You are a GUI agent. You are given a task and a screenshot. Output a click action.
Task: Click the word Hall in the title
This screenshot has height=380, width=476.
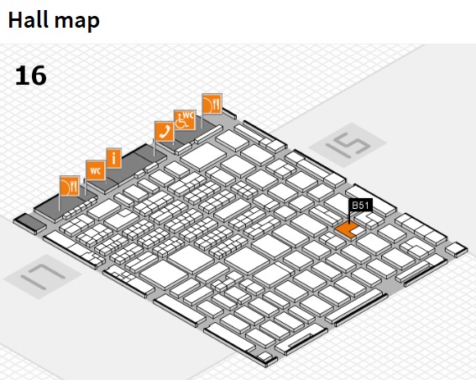pos(28,19)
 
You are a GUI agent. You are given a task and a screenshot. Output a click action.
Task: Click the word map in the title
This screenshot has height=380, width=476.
pos(77,22)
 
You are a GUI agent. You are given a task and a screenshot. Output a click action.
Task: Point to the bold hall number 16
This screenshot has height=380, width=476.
pos(31,75)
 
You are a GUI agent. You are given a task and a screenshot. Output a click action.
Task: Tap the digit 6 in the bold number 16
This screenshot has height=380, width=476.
pos(39,75)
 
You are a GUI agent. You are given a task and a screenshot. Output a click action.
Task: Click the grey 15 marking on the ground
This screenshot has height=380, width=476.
pos(348,144)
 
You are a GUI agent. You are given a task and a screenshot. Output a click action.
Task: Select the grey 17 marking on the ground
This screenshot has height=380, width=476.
pos(43,277)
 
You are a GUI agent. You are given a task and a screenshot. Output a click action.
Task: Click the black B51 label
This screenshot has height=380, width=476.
pos(360,206)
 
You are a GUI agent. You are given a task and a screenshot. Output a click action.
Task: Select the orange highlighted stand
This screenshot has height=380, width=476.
pos(346,229)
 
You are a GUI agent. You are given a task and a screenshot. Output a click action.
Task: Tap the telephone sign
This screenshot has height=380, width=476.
pos(165,132)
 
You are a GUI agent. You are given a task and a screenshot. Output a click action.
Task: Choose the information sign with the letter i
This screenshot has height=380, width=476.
pos(114,158)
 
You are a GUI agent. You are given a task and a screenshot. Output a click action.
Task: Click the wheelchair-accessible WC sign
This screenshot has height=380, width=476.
pos(185,120)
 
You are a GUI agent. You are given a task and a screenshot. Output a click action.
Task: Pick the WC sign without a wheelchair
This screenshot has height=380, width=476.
pos(96,170)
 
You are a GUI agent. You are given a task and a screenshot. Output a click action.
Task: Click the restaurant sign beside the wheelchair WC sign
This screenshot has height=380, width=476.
pos(212,104)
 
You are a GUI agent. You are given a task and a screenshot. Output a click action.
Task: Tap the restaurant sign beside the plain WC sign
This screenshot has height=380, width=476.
pos(70,185)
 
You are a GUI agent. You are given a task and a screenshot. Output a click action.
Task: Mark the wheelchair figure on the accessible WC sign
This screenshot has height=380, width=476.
pos(181,122)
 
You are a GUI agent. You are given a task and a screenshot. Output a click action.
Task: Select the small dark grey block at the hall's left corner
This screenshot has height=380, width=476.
pos(29,224)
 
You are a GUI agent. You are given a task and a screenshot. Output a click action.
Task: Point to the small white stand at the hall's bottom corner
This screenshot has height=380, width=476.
pos(264,357)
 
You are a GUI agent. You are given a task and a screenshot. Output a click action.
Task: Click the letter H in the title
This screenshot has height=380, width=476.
pos(14,20)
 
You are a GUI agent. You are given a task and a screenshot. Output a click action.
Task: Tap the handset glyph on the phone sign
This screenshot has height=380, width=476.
pos(165,132)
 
